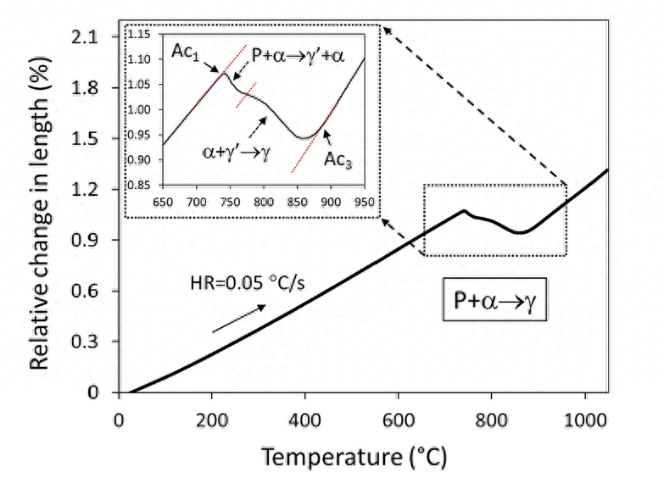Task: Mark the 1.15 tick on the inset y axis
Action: pos(143,35)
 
